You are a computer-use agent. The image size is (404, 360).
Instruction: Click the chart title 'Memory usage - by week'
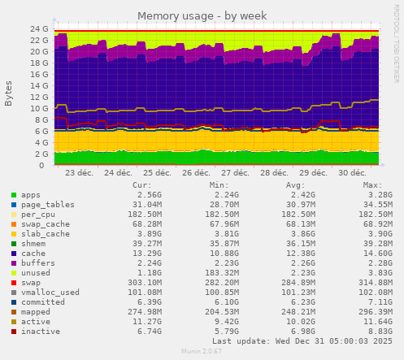click(x=202, y=16)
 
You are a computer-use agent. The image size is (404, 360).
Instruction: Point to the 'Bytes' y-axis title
click(x=9, y=93)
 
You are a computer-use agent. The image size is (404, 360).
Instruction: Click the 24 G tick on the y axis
click(x=39, y=28)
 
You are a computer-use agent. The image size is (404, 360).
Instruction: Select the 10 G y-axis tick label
click(x=39, y=108)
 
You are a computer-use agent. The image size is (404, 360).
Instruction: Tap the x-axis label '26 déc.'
click(x=197, y=173)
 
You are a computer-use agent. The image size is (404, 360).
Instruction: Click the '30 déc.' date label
click(x=351, y=173)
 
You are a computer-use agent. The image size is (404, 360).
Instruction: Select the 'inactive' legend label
click(x=41, y=330)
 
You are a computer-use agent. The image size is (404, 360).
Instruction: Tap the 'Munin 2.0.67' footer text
click(x=202, y=351)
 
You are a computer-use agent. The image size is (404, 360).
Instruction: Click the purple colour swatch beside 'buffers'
click(x=13, y=262)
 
